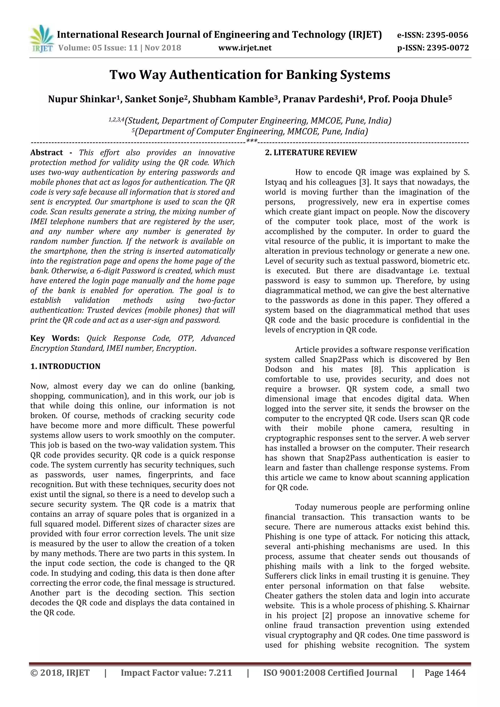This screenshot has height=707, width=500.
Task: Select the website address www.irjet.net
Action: coord(245,48)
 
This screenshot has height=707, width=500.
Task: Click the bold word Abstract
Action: coord(46,153)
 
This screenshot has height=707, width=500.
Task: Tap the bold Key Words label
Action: coord(55,338)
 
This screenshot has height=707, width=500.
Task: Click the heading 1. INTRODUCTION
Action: coord(65,366)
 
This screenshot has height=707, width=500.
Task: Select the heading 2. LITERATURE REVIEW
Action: coord(311,153)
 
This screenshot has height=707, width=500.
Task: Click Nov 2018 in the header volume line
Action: coord(163,48)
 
